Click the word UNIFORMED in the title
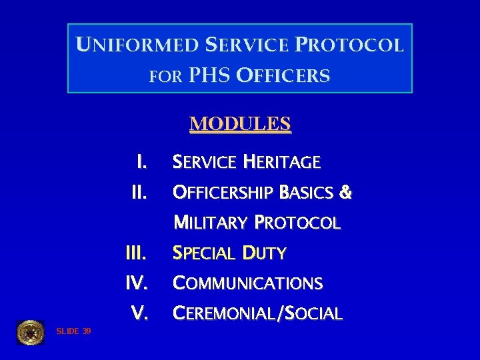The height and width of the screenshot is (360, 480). pyautogui.click(x=137, y=45)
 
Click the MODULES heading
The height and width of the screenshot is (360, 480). pyautogui.click(x=240, y=124)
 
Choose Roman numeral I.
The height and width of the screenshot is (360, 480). pyautogui.click(x=141, y=162)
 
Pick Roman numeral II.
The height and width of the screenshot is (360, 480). pyautogui.click(x=139, y=193)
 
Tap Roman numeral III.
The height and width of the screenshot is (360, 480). pyautogui.click(x=136, y=253)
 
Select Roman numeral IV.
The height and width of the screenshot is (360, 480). pyautogui.click(x=137, y=283)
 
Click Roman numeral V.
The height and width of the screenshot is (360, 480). pyautogui.click(x=139, y=313)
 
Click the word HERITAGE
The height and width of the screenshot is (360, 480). pyautogui.click(x=281, y=162)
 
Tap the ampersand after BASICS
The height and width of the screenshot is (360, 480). pyautogui.click(x=345, y=193)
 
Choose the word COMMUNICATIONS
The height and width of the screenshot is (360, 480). pyautogui.click(x=247, y=283)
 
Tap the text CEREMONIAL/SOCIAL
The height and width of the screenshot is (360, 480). pyautogui.click(x=257, y=313)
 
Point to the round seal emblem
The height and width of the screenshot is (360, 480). pyautogui.click(x=30, y=332)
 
